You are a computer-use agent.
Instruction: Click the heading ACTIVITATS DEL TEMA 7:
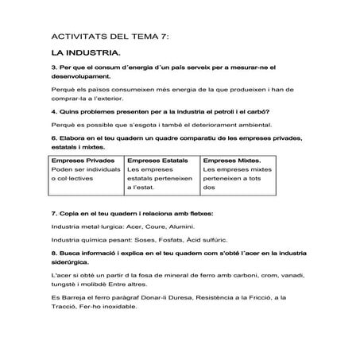point(109,37)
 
